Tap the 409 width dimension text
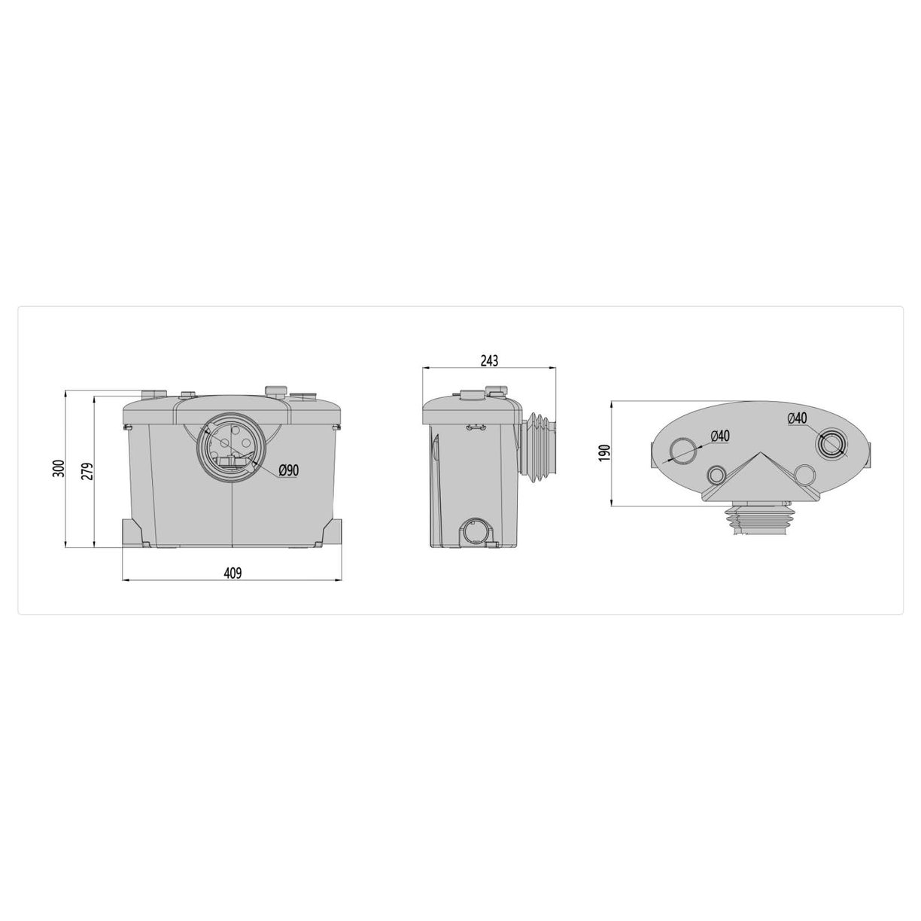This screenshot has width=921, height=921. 233,573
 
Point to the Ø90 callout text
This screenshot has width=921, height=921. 289,470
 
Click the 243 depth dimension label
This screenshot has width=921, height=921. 488,361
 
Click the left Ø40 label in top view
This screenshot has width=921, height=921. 719,435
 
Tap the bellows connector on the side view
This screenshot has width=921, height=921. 539,445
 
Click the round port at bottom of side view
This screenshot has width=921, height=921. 476,531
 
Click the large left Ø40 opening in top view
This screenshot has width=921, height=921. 685,450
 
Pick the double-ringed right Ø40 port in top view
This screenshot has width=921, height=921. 832,445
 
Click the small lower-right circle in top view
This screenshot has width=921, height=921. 804,474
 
